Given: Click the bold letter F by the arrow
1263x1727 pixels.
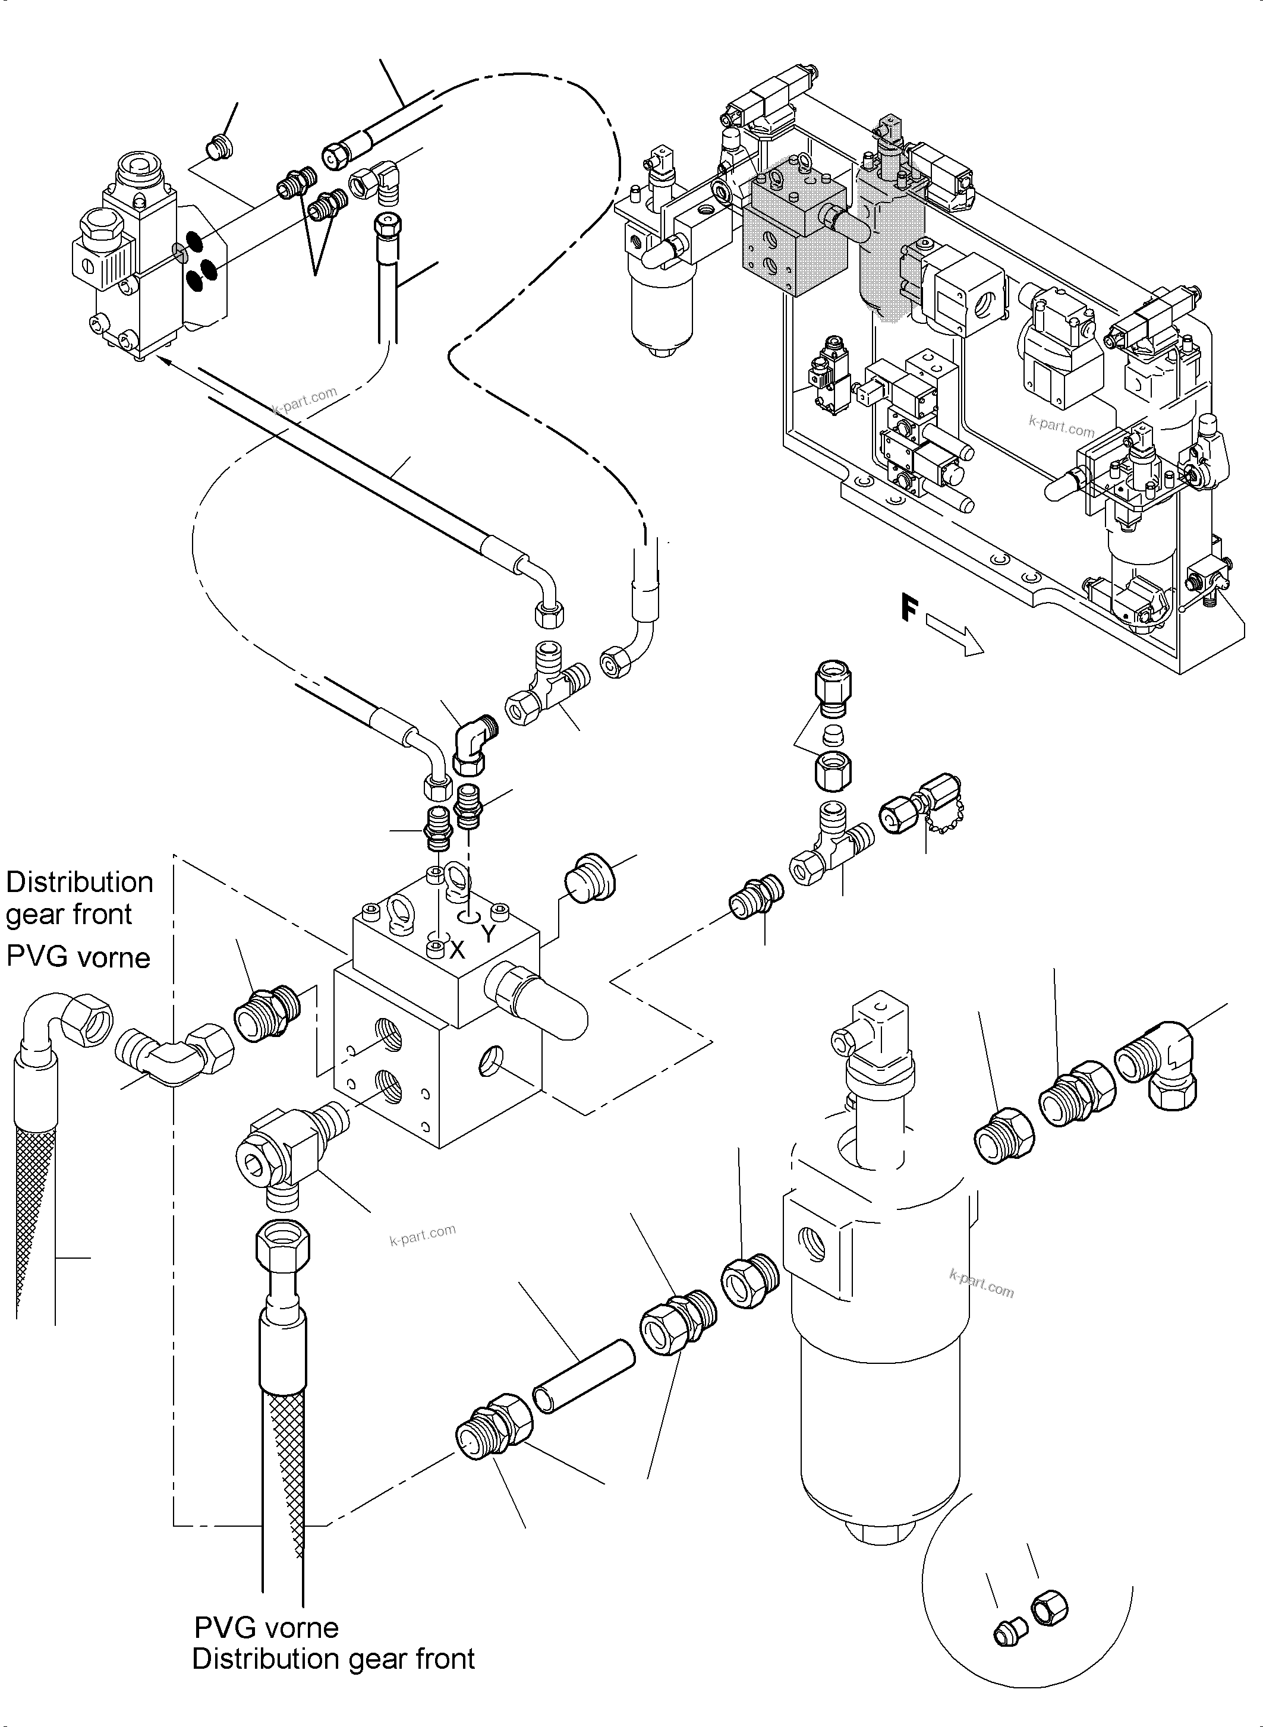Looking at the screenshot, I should pos(908,609).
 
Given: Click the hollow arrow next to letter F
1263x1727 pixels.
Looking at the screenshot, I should pos(954,638).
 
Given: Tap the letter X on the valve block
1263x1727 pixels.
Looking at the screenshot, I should pos(457,950).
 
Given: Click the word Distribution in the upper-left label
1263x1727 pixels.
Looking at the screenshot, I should pos(80,883).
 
